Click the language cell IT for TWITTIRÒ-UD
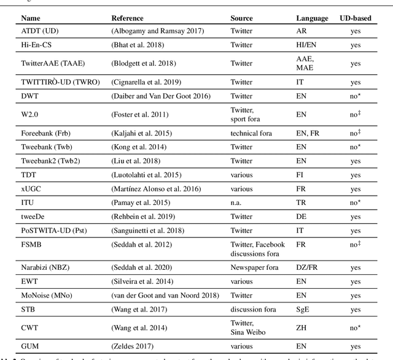pos(300,82)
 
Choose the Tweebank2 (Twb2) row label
pos(49,161)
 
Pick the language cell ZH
pos(302,327)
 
